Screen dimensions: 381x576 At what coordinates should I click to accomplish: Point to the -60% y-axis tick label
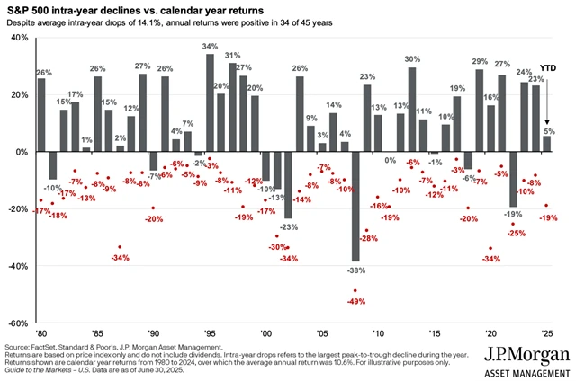(x=15, y=323)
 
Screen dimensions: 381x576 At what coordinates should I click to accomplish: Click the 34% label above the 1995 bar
(x=210, y=47)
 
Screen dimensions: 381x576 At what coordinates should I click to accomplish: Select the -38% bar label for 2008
(x=356, y=269)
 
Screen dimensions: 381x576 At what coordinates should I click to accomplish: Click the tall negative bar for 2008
(x=356, y=207)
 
